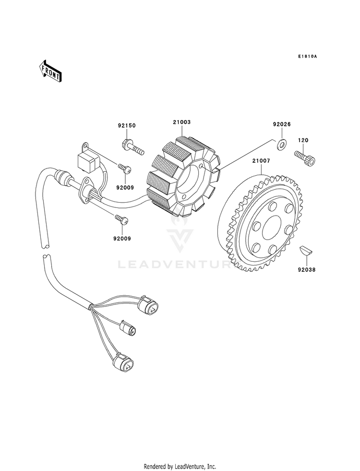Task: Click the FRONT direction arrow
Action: point(50,71)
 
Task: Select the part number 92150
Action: point(126,125)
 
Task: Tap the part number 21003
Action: point(181,122)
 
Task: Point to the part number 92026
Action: point(282,124)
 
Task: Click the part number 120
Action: point(303,140)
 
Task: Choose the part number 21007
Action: point(261,161)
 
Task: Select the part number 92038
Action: point(307,270)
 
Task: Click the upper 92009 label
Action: point(125,188)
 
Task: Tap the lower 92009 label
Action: point(122,239)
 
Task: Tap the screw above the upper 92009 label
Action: point(125,168)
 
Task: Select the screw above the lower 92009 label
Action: point(122,219)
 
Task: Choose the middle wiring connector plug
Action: point(129,328)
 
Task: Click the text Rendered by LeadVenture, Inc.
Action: point(180,467)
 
